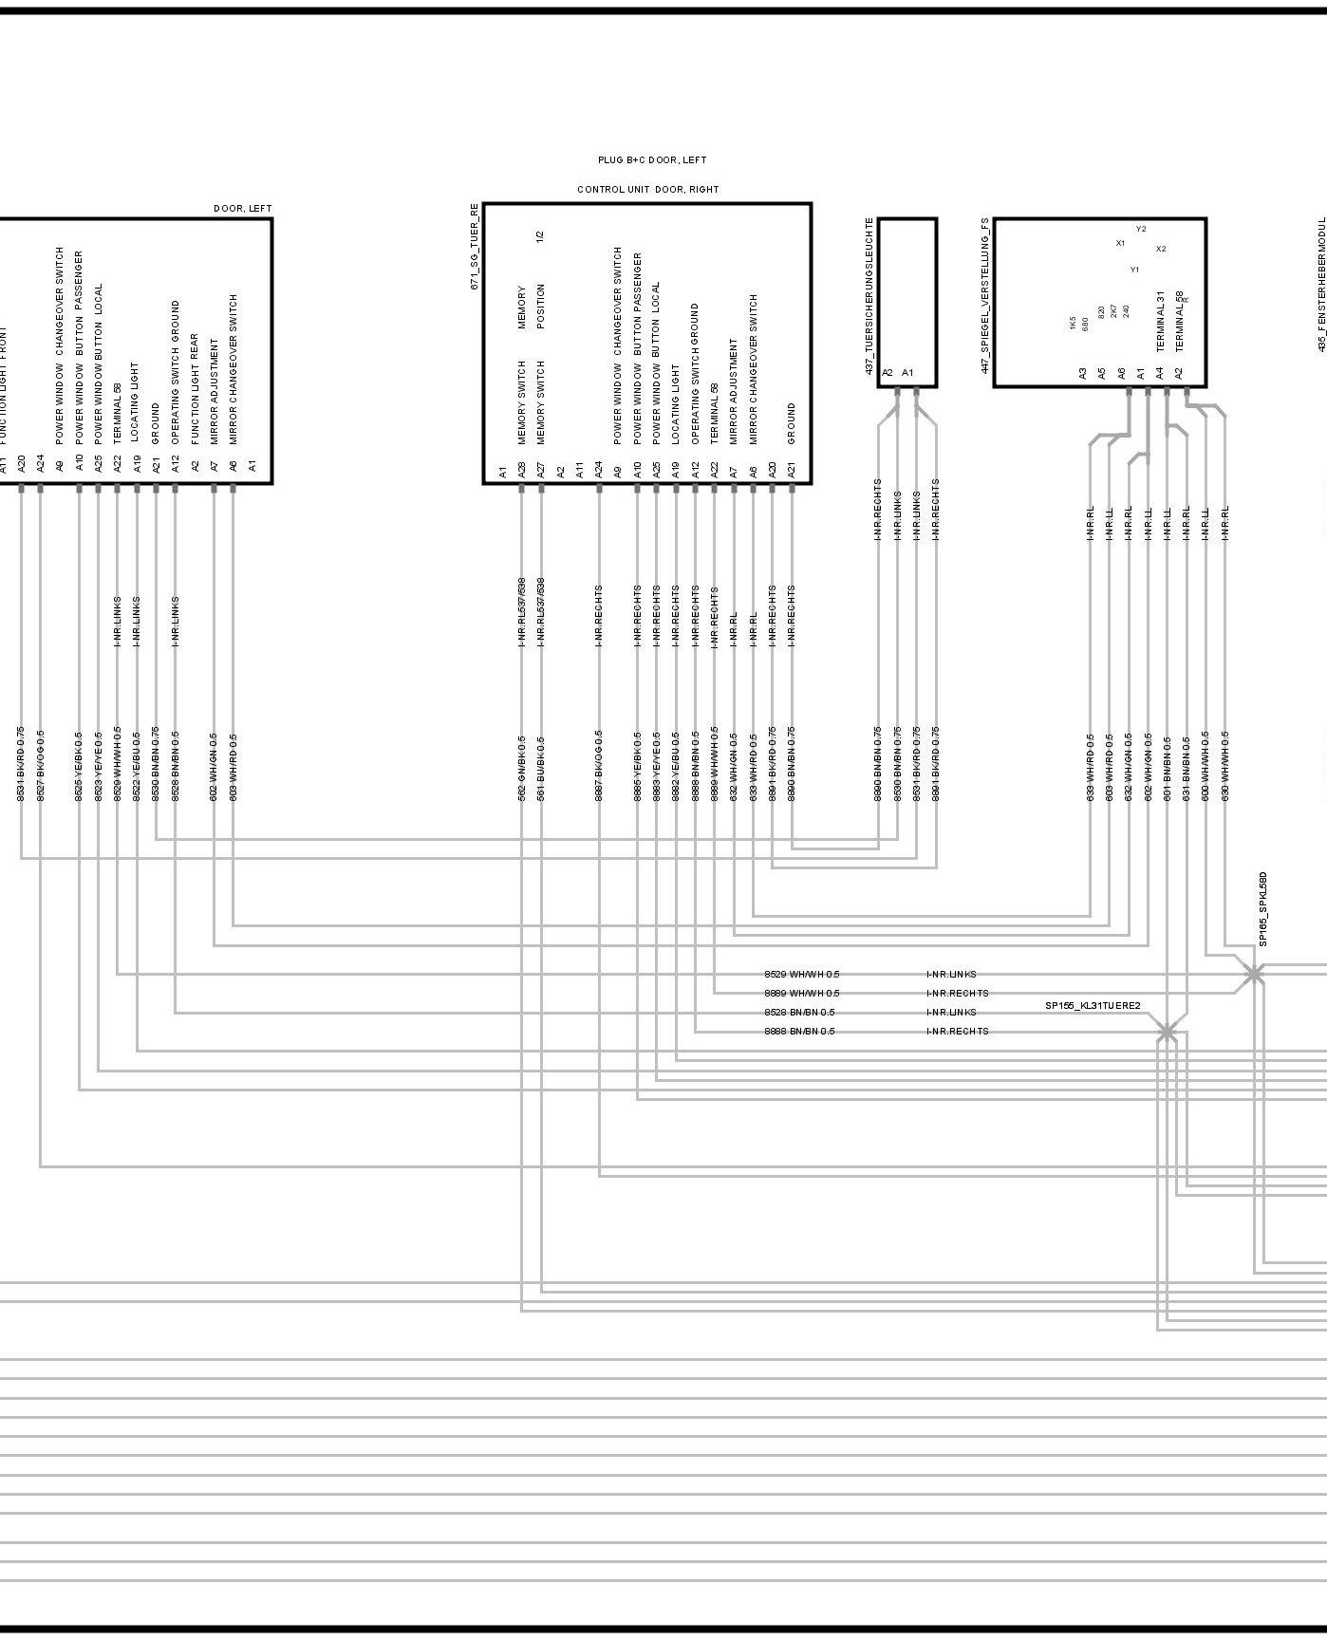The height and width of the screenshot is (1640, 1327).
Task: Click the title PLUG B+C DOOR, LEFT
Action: (652, 160)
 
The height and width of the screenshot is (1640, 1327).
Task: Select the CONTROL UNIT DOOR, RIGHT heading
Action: (648, 190)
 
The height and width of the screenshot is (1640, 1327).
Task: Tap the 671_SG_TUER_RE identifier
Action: (475, 246)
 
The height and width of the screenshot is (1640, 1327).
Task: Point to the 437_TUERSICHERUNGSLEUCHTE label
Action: (869, 296)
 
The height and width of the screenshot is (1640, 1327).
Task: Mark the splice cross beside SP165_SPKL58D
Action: (1254, 974)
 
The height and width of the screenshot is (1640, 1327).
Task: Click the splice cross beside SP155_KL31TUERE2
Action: (1167, 1032)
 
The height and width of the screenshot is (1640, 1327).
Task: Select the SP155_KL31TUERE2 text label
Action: (1093, 1006)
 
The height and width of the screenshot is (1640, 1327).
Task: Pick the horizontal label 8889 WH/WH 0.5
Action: (801, 994)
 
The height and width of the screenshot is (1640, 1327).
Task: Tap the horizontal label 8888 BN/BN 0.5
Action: (799, 1032)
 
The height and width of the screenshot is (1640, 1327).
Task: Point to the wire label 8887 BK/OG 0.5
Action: (599, 767)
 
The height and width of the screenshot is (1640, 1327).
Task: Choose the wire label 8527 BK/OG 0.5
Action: (40, 765)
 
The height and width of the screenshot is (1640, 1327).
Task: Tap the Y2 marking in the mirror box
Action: (1141, 229)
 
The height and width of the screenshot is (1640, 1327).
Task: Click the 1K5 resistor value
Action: (1073, 324)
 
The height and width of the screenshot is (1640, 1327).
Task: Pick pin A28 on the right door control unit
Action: (521, 469)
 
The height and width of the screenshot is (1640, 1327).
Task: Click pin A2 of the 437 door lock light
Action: (888, 373)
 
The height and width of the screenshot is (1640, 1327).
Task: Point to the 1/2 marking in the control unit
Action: (540, 234)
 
